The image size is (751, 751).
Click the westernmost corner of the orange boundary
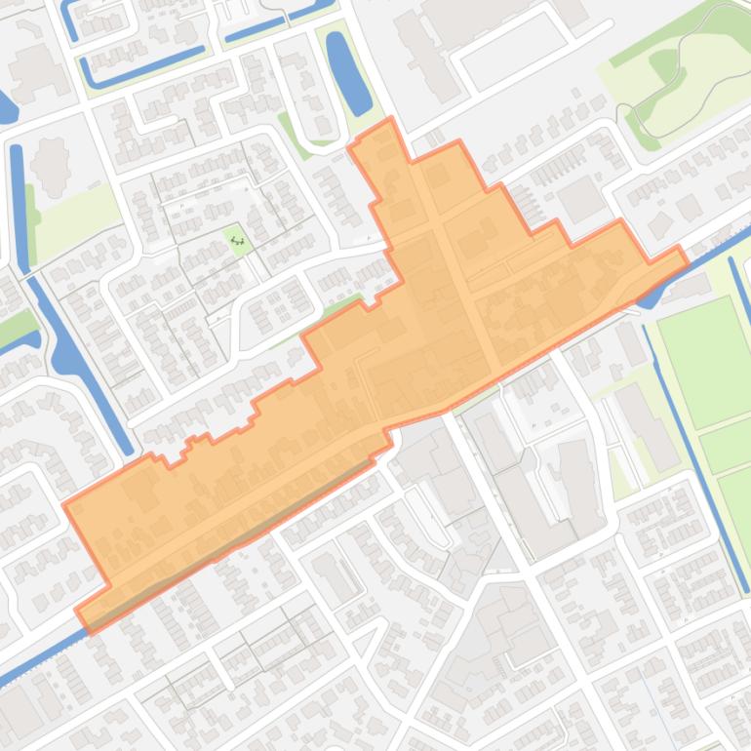click(64, 504)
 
